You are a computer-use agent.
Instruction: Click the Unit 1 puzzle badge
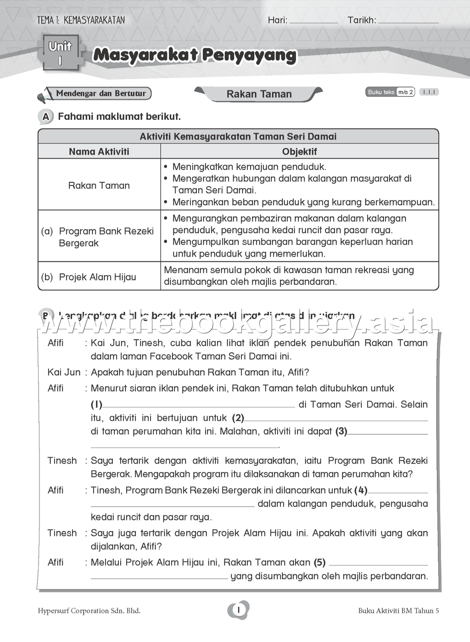coord(60,53)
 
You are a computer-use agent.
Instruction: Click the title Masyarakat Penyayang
coord(195,55)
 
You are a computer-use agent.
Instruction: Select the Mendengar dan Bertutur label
coord(101,94)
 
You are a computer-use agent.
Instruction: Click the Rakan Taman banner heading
coord(259,94)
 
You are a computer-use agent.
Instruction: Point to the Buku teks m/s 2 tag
coord(390,92)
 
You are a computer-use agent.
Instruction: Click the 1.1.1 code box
coord(429,92)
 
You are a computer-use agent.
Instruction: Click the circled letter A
coord(45,117)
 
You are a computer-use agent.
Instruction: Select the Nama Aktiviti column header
coord(99,152)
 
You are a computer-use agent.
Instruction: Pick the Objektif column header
coord(299,152)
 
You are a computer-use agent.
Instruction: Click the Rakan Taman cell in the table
coord(99,186)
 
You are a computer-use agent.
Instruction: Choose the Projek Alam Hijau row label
coord(97,277)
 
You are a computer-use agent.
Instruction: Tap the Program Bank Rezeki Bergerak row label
coord(106,237)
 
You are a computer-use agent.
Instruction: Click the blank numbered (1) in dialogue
coord(198,405)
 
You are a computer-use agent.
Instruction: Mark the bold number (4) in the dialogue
coord(361,490)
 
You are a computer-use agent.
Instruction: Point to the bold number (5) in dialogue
coord(319,563)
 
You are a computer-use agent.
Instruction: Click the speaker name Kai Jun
coord(64,372)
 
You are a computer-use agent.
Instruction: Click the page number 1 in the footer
coord(239,610)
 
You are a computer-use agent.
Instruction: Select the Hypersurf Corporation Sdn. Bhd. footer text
coord(89,611)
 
